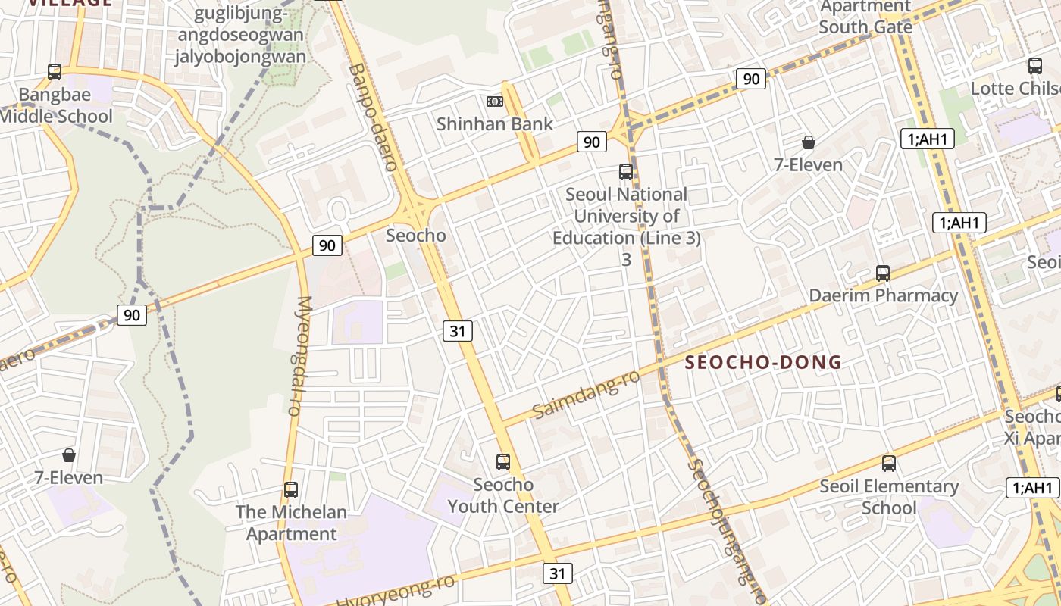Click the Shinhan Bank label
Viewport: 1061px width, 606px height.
click(494, 123)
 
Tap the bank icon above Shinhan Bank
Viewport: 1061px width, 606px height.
click(494, 102)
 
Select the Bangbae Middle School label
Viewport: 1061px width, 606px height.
click(55, 106)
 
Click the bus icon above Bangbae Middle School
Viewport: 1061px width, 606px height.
click(55, 72)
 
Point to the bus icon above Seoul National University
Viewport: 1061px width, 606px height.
click(626, 172)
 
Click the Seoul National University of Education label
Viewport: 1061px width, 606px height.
click(626, 216)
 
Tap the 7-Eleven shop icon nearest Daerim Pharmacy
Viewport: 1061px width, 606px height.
click(809, 142)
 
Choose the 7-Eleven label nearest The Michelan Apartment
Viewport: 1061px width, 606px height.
click(69, 478)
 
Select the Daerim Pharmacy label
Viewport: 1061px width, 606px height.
click(883, 295)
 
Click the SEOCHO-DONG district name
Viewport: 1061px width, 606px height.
click(763, 362)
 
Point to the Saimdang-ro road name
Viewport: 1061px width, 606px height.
click(586, 395)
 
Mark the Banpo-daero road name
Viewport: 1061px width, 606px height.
click(373, 117)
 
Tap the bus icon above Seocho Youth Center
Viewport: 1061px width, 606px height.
click(503, 461)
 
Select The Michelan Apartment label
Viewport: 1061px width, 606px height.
click(291, 523)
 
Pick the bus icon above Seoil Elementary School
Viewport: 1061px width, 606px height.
click(889, 463)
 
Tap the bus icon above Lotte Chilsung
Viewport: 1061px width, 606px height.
click(1035, 66)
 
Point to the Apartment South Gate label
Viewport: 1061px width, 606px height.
click(865, 17)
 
